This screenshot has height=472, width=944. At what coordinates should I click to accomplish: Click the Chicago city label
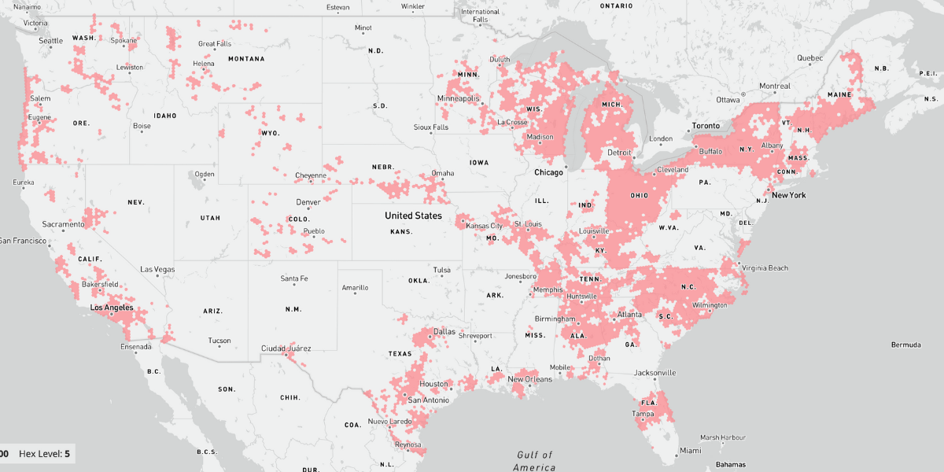[x=549, y=172]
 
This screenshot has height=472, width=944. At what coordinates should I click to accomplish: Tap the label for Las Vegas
[x=157, y=269]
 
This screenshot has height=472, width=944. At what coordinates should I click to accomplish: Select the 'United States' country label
[x=413, y=216]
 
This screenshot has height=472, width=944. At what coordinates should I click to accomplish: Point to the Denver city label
[x=308, y=202]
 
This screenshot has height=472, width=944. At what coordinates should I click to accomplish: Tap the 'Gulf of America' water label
[x=534, y=461]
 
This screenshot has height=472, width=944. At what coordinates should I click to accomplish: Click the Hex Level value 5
[x=67, y=454]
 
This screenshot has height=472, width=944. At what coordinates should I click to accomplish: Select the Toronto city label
[x=706, y=126]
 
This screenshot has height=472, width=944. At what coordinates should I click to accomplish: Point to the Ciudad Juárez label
[x=286, y=348]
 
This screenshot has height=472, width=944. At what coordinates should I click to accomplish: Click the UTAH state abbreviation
[x=210, y=217]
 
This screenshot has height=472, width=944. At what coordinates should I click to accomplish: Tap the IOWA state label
[x=478, y=163]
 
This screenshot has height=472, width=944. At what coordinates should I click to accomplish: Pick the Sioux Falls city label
[x=431, y=127]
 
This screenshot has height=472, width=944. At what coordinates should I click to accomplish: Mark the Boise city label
[x=142, y=126]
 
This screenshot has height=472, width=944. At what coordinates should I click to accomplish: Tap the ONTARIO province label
[x=616, y=6]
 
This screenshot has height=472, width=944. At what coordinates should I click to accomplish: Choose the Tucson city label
[x=219, y=341]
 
